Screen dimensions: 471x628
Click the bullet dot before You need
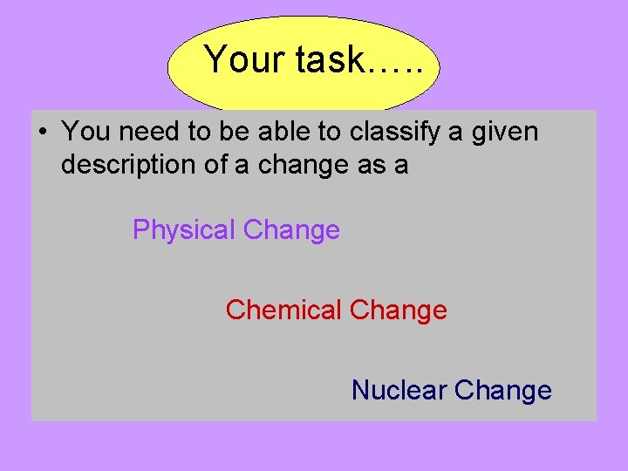pos(41,133)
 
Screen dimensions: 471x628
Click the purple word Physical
pos(184,231)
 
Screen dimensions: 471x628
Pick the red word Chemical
pos(283,311)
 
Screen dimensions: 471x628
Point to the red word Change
pos(399,311)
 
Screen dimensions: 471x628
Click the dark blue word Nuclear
pos(399,390)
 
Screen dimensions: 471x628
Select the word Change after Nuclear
pos(503,390)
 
